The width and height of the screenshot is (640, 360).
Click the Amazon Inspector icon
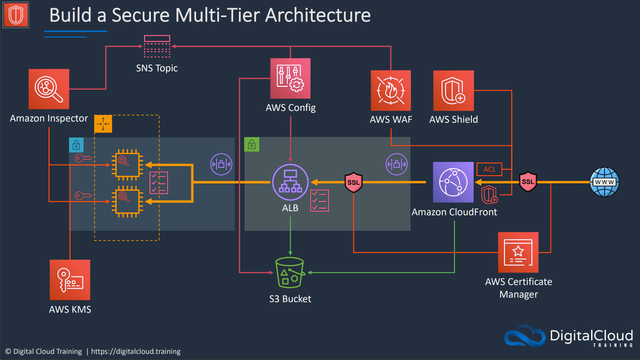[49, 89]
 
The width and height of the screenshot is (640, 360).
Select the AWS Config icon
[290, 78]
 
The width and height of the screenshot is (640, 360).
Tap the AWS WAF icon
[391, 91]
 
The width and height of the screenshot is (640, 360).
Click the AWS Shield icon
[453, 91]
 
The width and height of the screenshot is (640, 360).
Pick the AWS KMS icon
[70, 280]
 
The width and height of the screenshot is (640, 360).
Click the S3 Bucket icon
[290, 272]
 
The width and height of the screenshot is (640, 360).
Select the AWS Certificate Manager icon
[518, 252]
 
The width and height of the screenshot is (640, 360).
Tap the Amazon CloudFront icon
[453, 182]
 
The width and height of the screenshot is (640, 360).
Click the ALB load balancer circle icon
[290, 182]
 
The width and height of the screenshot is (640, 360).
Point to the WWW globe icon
[605, 182]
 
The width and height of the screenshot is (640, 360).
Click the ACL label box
[490, 169]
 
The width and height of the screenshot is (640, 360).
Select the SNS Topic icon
[157, 46]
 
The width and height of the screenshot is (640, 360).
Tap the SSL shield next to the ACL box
[528, 181]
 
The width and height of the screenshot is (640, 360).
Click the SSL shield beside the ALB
[353, 182]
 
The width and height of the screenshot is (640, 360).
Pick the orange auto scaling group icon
[103, 124]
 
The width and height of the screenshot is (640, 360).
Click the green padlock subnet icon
[252, 144]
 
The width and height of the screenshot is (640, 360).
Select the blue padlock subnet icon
[76, 145]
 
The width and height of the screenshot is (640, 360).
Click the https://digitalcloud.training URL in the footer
[136, 351]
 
